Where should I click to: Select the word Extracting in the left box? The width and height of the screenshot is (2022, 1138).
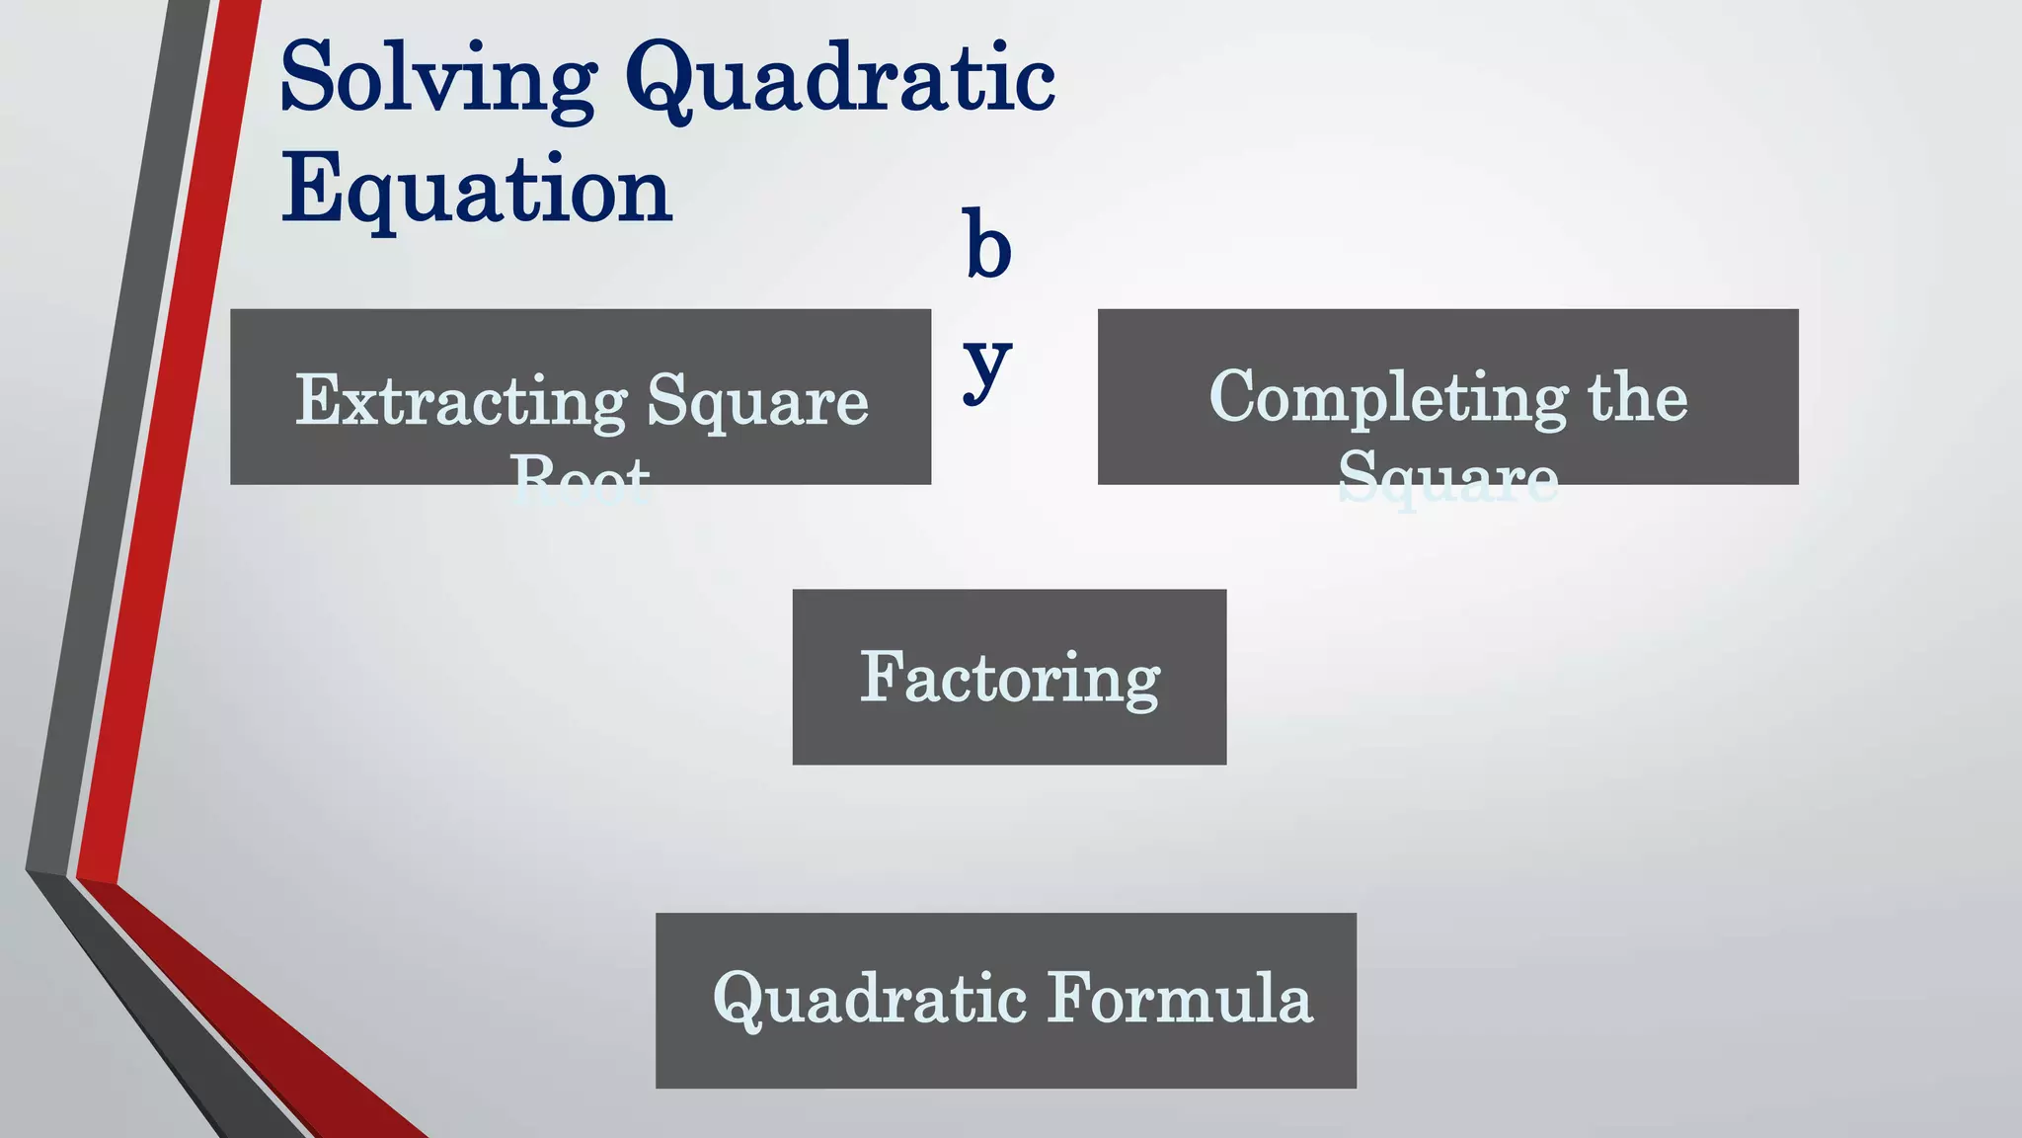460,402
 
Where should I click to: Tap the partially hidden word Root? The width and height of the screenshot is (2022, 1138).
581,480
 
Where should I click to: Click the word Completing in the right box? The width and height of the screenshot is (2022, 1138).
1388,398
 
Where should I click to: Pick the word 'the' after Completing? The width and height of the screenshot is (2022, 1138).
1637,398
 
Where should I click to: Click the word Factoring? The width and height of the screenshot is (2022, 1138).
1009,679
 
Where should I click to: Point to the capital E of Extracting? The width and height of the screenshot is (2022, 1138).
316,400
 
